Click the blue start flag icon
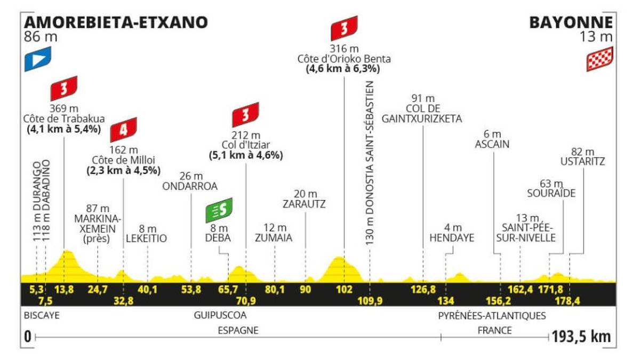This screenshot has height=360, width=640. click(37, 59)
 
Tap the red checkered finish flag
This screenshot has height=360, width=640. click(599, 59)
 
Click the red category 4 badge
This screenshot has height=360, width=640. click(123, 130)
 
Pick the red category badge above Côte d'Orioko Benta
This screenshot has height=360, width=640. click(344, 28)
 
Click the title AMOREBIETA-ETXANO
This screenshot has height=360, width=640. click(116, 22)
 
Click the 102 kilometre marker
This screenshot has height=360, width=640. click(344, 290)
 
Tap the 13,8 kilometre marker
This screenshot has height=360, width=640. click(64, 290)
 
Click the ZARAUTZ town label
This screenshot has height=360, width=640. click(305, 204)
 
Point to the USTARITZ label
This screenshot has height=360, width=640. click(582, 162)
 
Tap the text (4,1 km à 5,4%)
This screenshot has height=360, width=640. click(63, 129)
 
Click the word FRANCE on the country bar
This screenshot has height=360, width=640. click(494, 331)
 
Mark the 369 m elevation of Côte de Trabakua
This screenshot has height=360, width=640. click(63, 108)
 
